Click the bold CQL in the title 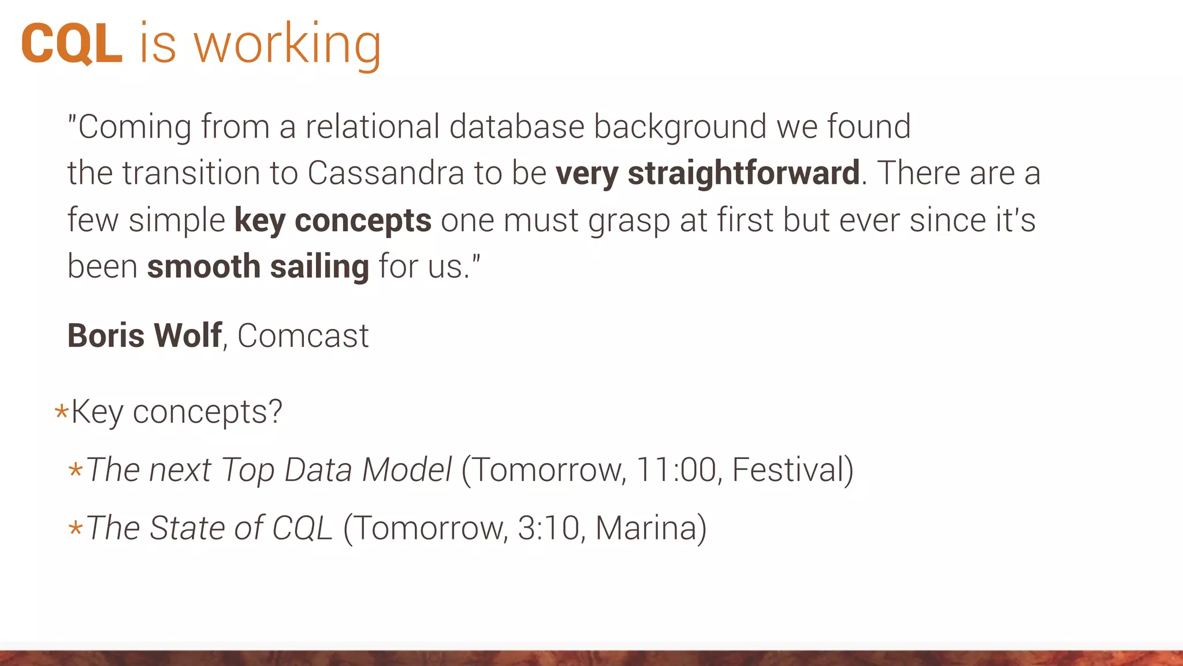tap(72, 44)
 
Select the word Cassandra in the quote tap(385, 173)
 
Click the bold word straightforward tap(743, 173)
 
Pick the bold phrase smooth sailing tap(258, 267)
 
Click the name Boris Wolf tap(144, 335)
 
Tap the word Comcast tap(303, 336)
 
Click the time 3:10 tap(548, 528)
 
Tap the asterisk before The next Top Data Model tap(75, 469)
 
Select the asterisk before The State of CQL tap(75, 528)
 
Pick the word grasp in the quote tap(628, 221)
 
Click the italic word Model tap(407, 469)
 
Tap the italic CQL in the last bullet tap(302, 528)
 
